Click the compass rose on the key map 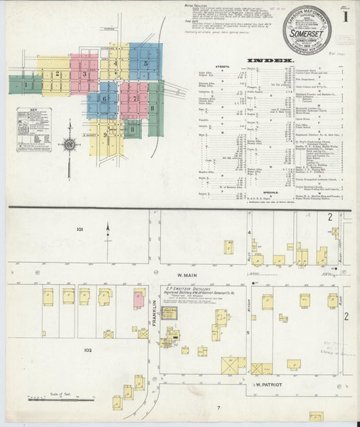[70, 143]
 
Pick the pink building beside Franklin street [138, 298]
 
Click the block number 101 [80, 230]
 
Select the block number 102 [87, 350]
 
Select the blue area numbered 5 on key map [145, 62]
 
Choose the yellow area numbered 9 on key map [106, 135]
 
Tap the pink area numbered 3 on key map [84, 74]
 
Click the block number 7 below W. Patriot [218, 407]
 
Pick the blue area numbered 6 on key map [105, 99]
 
